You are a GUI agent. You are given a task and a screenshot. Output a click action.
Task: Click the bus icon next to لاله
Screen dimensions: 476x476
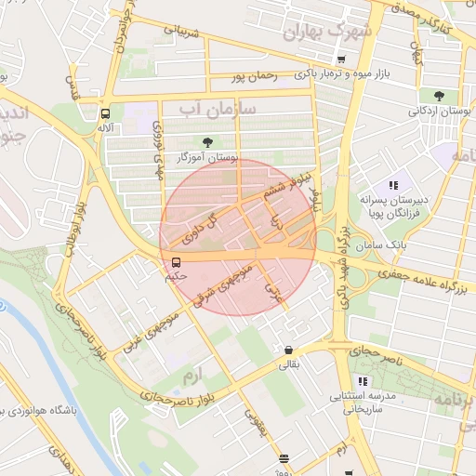(x=105, y=113)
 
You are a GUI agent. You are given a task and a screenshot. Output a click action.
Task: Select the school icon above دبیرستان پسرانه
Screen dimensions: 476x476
(x=393, y=184)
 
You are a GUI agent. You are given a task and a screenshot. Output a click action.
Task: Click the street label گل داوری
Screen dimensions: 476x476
(x=205, y=229)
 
